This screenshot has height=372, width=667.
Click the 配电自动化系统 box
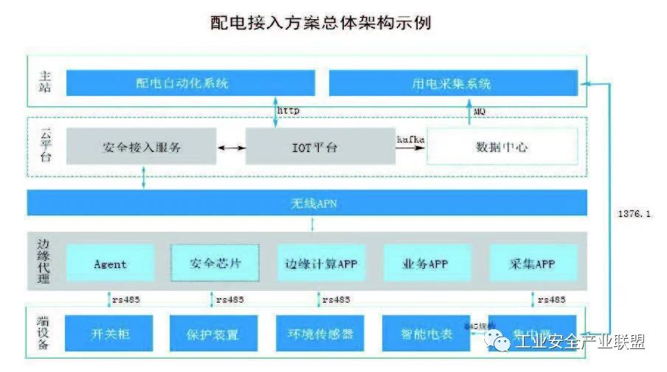190,83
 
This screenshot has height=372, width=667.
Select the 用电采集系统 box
452,83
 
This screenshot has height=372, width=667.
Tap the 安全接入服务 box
142,147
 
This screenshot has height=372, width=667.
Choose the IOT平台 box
319,147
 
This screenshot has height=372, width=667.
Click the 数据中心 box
502,147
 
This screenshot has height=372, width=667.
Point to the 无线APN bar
307,202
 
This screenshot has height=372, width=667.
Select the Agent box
111,263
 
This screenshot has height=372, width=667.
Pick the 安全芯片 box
215,263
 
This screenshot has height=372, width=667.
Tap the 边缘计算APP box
321,263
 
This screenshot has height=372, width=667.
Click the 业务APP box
427,263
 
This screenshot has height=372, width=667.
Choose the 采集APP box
533,263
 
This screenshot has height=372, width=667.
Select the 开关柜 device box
109,334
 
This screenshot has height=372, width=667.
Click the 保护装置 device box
213,334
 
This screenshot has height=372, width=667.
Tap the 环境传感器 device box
319,334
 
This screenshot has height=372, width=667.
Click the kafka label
410,138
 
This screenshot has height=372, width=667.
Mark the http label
288,110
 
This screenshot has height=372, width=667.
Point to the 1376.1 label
633,215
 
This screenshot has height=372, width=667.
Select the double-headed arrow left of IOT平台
231,148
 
